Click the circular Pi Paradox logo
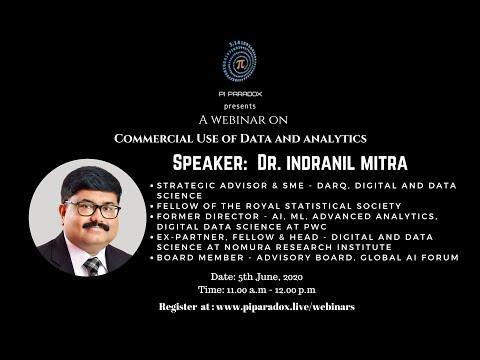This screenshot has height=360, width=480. click(239, 63)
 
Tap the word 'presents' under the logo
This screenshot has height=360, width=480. click(239, 105)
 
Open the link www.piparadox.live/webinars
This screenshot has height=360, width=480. click(284, 306)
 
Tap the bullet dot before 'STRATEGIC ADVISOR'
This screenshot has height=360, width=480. click(150, 186)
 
